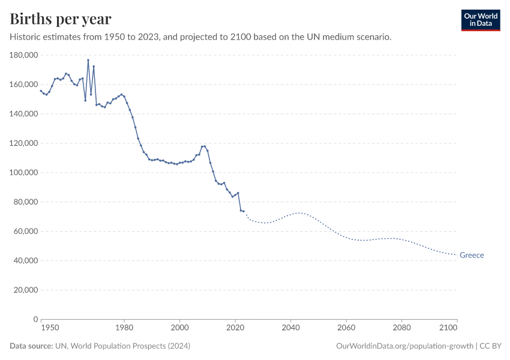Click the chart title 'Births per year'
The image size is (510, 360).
coord(61,19)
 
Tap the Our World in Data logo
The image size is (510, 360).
coord(480,20)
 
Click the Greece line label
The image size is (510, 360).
coord(472,255)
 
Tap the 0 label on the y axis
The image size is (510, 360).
coord(36,319)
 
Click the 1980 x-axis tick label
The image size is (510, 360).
coord(124,328)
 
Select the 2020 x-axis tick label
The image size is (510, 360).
coord(235,328)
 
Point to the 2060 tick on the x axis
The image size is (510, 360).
coord(346,328)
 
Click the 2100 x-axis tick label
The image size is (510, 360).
coord(448,328)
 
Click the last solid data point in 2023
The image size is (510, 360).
coord(244,211)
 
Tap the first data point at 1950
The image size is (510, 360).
coord(41,91)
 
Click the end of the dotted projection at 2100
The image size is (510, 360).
coord(457,254)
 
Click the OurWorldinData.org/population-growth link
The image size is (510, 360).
coord(405,346)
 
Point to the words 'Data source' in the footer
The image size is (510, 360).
coord(31,346)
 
